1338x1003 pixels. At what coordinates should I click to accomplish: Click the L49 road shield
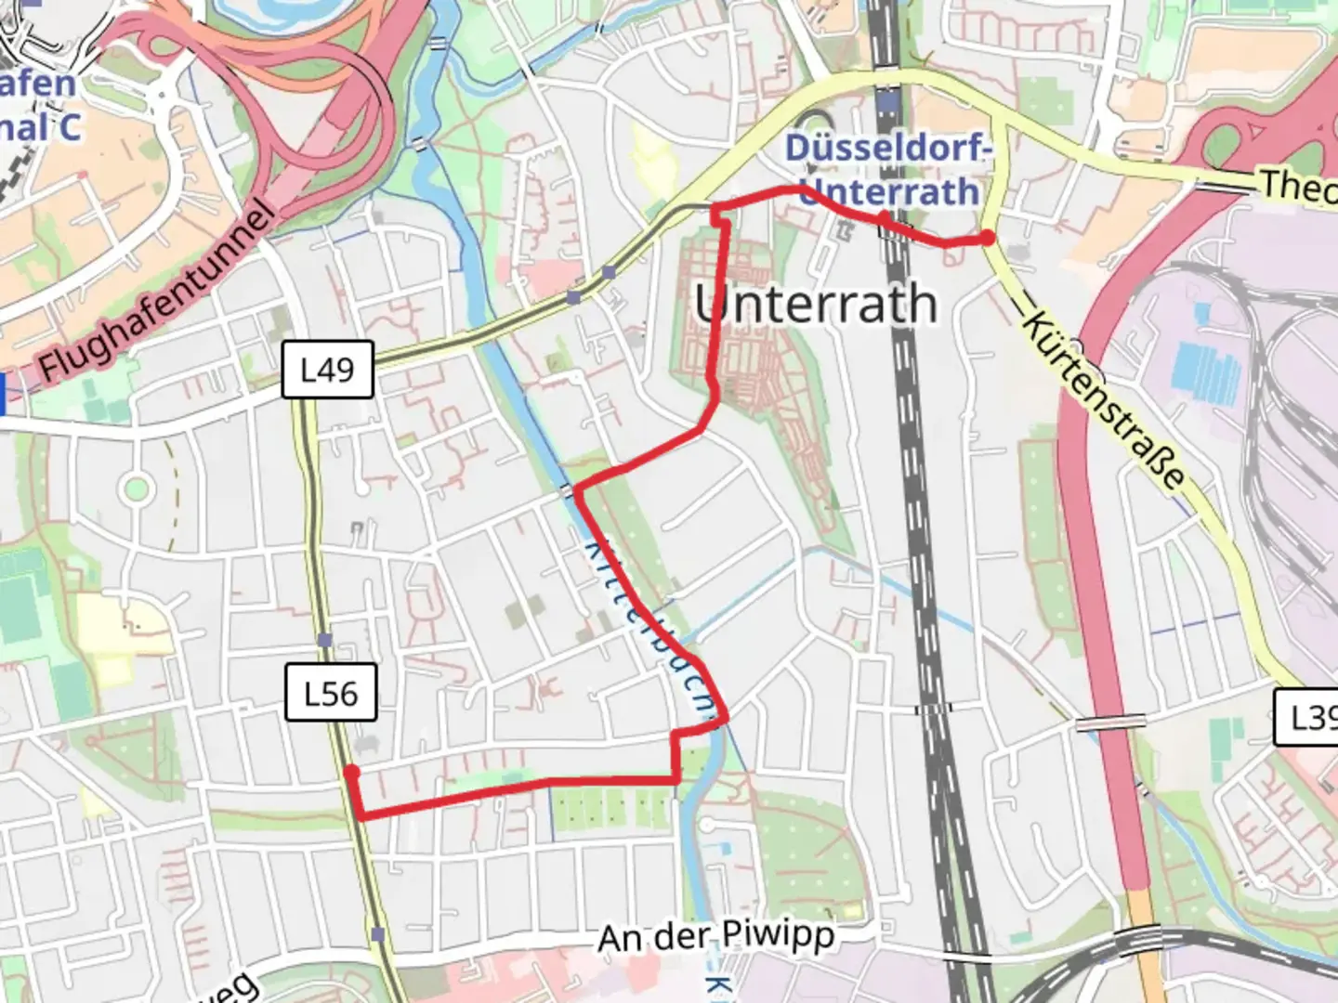pyautogui.click(x=327, y=370)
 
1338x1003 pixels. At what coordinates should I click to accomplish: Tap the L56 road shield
pyautogui.click(x=331, y=693)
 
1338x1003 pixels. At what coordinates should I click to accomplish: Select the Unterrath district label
pyautogui.click(x=816, y=305)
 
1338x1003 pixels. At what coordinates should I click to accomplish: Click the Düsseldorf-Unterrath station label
pyautogui.click(x=887, y=170)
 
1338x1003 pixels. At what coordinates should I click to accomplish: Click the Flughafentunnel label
pyautogui.click(x=158, y=295)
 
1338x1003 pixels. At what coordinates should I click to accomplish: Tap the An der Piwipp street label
pyautogui.click(x=715, y=936)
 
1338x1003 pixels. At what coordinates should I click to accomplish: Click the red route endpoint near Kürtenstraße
pyautogui.click(x=987, y=239)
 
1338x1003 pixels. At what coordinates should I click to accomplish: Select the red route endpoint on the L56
pyautogui.click(x=351, y=772)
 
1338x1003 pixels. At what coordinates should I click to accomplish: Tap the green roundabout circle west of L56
pyautogui.click(x=137, y=487)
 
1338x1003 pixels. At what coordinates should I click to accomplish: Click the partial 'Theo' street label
pyautogui.click(x=1298, y=186)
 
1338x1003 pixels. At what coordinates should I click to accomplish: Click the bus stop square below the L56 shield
pyautogui.click(x=376, y=933)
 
